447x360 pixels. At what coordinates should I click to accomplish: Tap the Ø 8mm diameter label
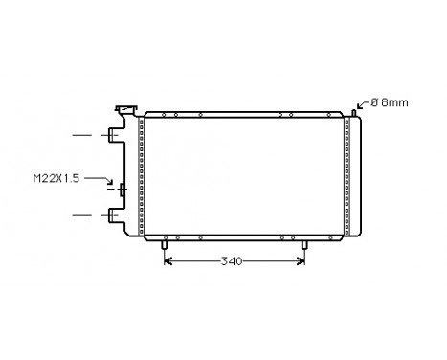(389, 102)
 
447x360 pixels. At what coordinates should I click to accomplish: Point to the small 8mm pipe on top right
(354, 112)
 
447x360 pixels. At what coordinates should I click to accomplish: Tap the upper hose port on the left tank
(115, 136)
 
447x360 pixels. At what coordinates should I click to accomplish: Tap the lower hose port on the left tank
(115, 215)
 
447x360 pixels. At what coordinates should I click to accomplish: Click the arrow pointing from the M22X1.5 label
(102, 179)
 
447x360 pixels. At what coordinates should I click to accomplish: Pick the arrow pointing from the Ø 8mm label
(363, 105)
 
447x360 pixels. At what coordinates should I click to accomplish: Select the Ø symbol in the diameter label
(373, 102)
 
